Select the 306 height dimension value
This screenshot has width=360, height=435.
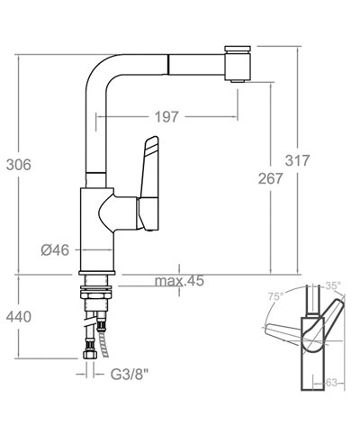pyautogui.click(x=18, y=164)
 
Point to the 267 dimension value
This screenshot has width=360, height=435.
pyautogui.click(x=268, y=178)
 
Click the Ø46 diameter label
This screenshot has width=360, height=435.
pyautogui.click(x=56, y=249)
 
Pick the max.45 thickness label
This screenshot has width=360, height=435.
pyautogui.click(x=180, y=282)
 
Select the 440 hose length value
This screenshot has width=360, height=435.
pyautogui.click(x=18, y=317)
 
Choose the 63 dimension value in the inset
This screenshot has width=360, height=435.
pyautogui.click(x=329, y=383)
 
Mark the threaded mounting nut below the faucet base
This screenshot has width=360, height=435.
pyautogui.click(x=96, y=292)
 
